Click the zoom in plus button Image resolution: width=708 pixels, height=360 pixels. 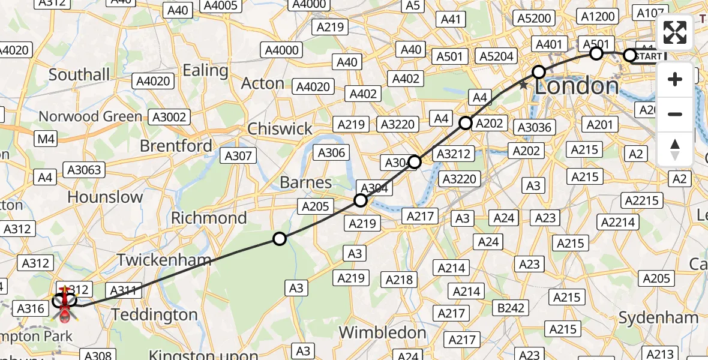coord(675,79)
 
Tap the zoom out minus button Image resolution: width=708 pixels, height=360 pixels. coord(675,114)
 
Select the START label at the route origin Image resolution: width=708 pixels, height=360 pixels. coord(648,56)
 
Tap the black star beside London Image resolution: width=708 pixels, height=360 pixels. coord(524,85)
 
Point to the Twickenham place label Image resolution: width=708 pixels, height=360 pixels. coord(164,260)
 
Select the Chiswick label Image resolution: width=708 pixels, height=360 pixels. coord(280,128)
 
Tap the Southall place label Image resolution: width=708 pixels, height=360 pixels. coord(79,74)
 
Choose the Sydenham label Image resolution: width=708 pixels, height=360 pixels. coord(658,317)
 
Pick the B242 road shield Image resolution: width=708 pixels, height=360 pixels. coord(511,308)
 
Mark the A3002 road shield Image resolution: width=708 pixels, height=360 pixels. coord(169,117)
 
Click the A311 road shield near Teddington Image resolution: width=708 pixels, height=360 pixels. coord(123,290)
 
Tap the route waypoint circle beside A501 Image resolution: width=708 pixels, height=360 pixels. coord(596,53)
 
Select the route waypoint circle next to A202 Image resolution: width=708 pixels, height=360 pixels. coord(466,124)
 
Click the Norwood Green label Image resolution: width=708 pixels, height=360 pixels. coord(91,116)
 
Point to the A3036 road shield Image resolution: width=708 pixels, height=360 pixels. coord(535,127)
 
